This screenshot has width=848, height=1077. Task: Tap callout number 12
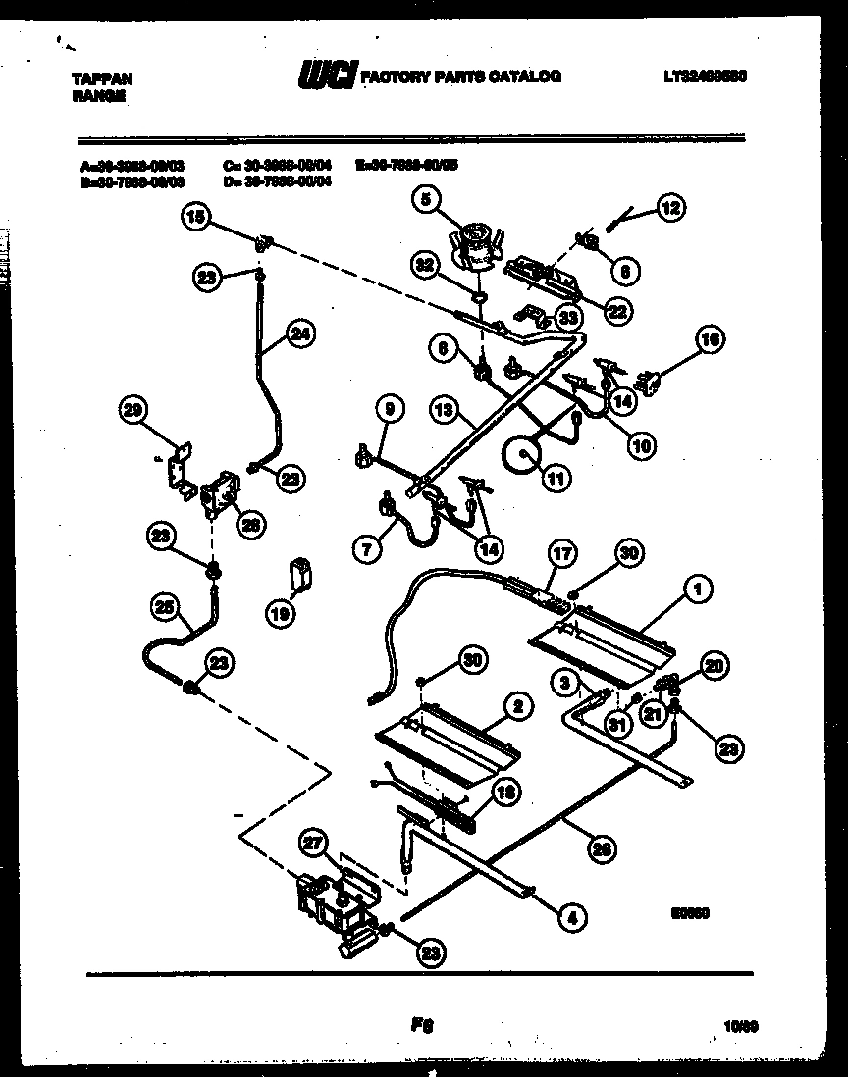671,207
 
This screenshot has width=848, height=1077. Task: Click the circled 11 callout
555,480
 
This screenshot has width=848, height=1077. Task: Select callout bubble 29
132,412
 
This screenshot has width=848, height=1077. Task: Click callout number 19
281,615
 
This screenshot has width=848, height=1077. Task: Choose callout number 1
697,590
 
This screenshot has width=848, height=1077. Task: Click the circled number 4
572,918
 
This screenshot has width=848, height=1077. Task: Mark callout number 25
166,608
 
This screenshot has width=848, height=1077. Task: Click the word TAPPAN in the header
103,79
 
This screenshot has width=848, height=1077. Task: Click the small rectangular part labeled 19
301,571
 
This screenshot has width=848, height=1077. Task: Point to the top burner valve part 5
476,245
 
